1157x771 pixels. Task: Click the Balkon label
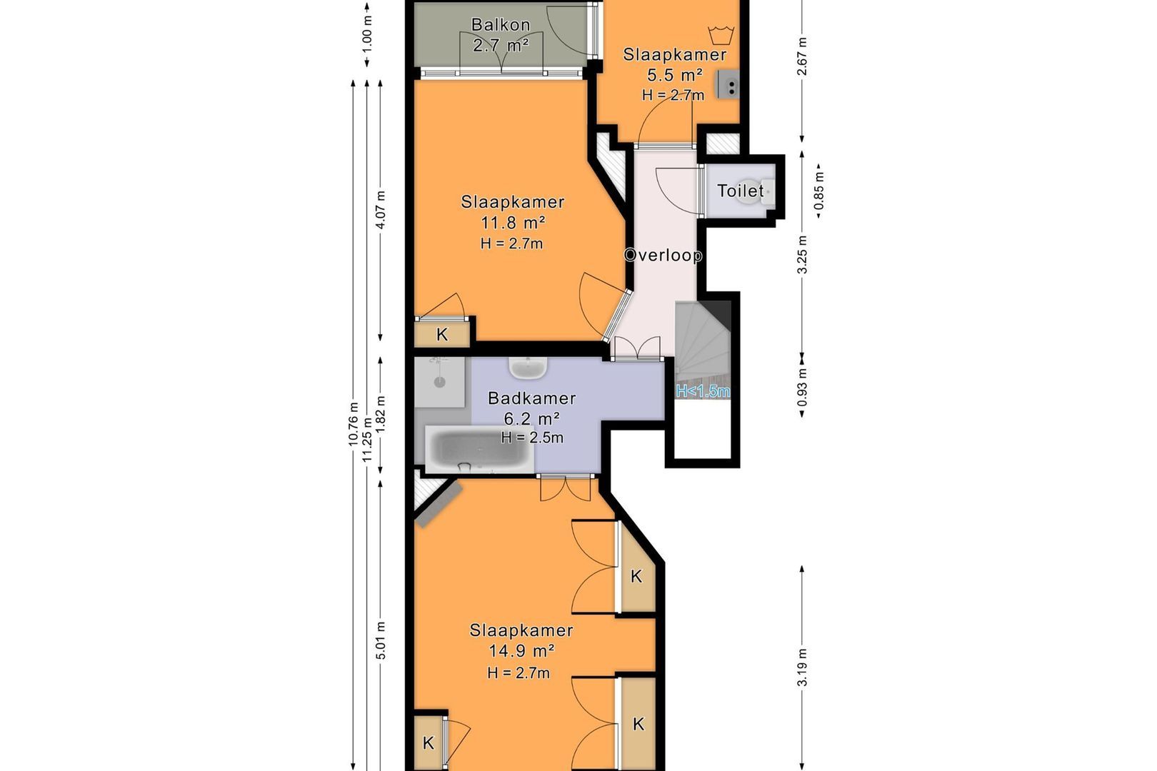pyautogui.click(x=501, y=25)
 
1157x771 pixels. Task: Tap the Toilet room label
pyautogui.click(x=740, y=191)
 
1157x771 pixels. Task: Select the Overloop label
pyautogui.click(x=663, y=255)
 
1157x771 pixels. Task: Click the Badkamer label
pyautogui.click(x=531, y=398)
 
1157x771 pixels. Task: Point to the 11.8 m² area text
pyautogui.click(x=513, y=223)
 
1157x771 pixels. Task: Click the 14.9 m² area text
pyautogui.click(x=521, y=651)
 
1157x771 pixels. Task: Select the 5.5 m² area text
pyautogui.click(x=675, y=76)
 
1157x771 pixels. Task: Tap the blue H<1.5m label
pyautogui.click(x=703, y=391)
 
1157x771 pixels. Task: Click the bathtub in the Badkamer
pyautogui.click(x=479, y=449)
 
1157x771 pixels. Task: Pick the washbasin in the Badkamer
pyautogui.click(x=529, y=367)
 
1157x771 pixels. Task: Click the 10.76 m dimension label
pyautogui.click(x=354, y=424)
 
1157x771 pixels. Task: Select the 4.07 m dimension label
pyautogui.click(x=381, y=210)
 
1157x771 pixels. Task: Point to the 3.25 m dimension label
pyautogui.click(x=801, y=255)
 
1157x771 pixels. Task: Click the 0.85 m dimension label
pyautogui.click(x=818, y=191)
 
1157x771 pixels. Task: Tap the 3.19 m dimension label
pyautogui.click(x=801, y=667)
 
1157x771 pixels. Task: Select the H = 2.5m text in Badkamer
pyautogui.click(x=532, y=438)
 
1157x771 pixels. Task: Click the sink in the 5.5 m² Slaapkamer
pyautogui.click(x=728, y=85)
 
